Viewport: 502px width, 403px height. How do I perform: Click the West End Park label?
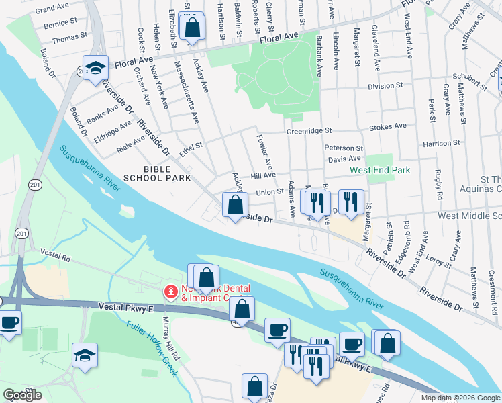379,171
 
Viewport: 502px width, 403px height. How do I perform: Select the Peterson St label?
344,148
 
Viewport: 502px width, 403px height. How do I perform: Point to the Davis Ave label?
345,159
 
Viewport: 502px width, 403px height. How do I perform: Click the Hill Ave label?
264,175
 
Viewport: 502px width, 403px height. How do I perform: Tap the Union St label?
270,192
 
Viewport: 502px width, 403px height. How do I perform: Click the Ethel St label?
191,147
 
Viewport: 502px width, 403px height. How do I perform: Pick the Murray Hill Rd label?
168,346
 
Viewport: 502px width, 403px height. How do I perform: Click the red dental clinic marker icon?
170,292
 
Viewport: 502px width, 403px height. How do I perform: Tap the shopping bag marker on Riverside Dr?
235,206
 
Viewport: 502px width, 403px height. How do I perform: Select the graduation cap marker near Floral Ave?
96,69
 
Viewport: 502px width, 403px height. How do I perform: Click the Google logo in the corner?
23,394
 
